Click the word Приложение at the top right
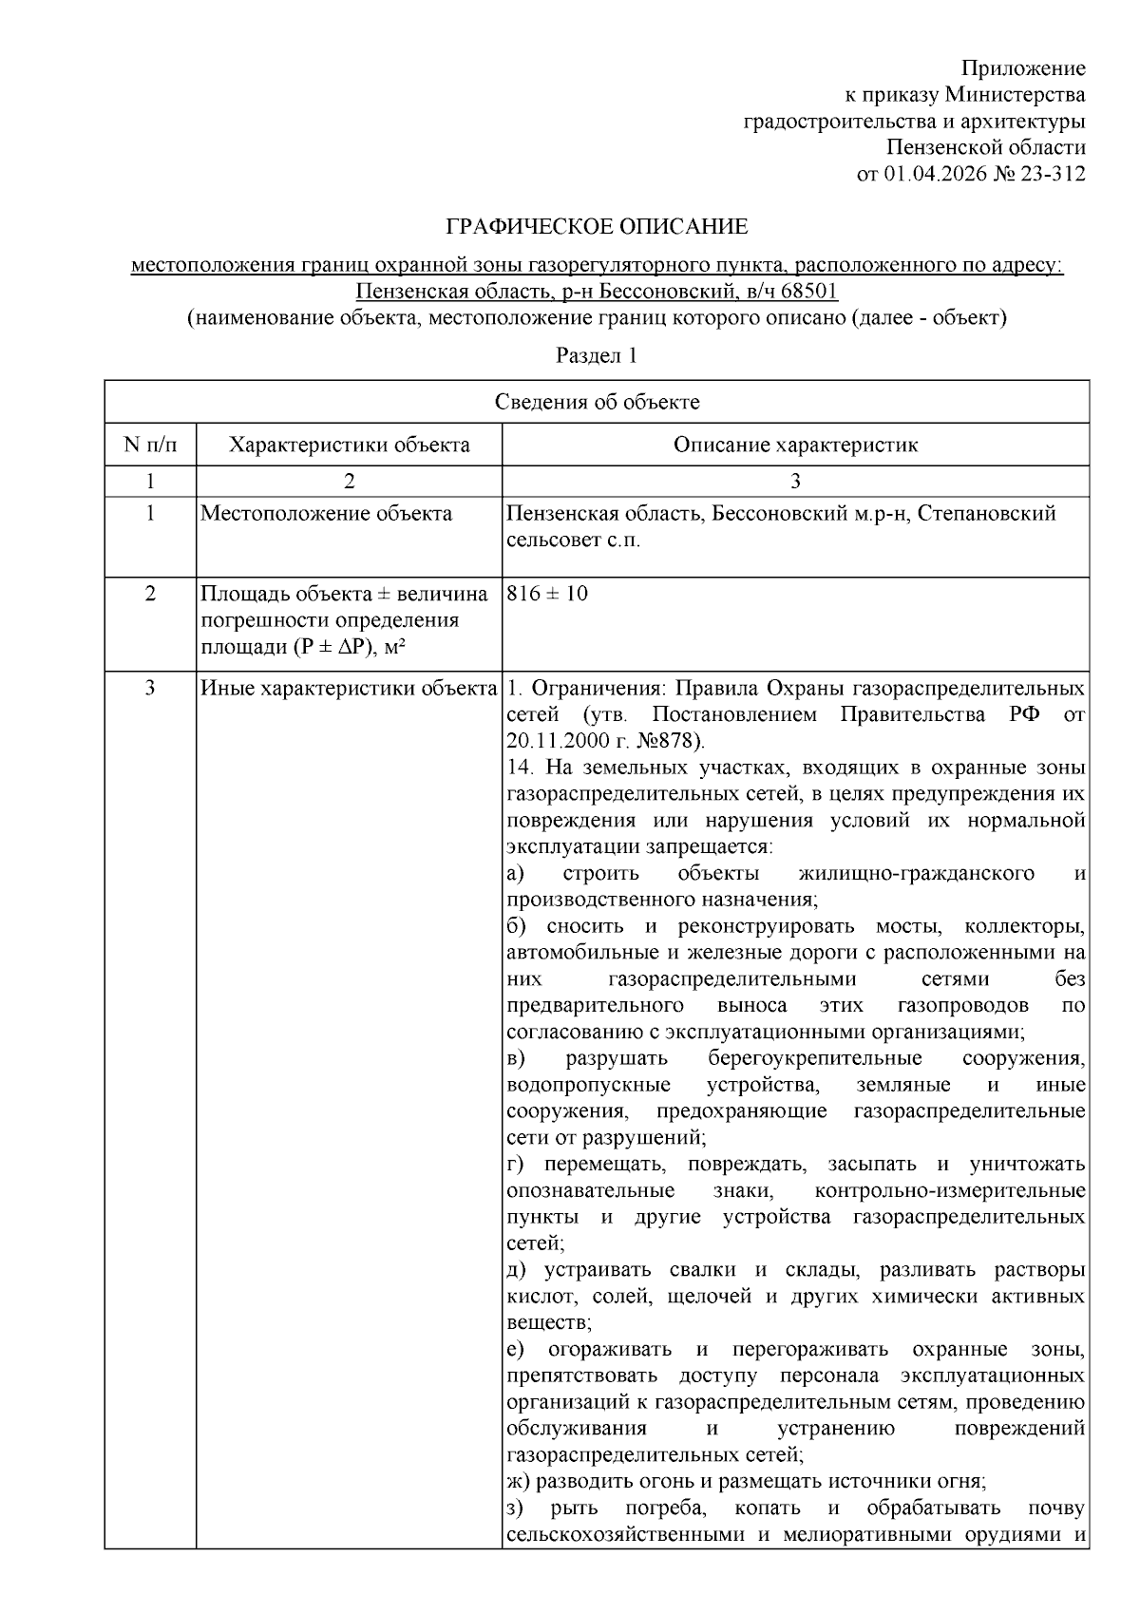(1023, 68)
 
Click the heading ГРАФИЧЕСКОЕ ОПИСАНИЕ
(597, 227)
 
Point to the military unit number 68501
(807, 291)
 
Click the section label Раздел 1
(597, 356)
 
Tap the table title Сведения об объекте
(597, 402)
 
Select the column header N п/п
(150, 445)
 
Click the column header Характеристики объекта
(349, 445)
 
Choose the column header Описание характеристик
(795, 445)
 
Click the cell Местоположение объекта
(326, 514)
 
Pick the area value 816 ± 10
(547, 594)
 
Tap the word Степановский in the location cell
(987, 514)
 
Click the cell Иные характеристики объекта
(349, 688)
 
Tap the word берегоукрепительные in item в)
(814, 1058)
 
